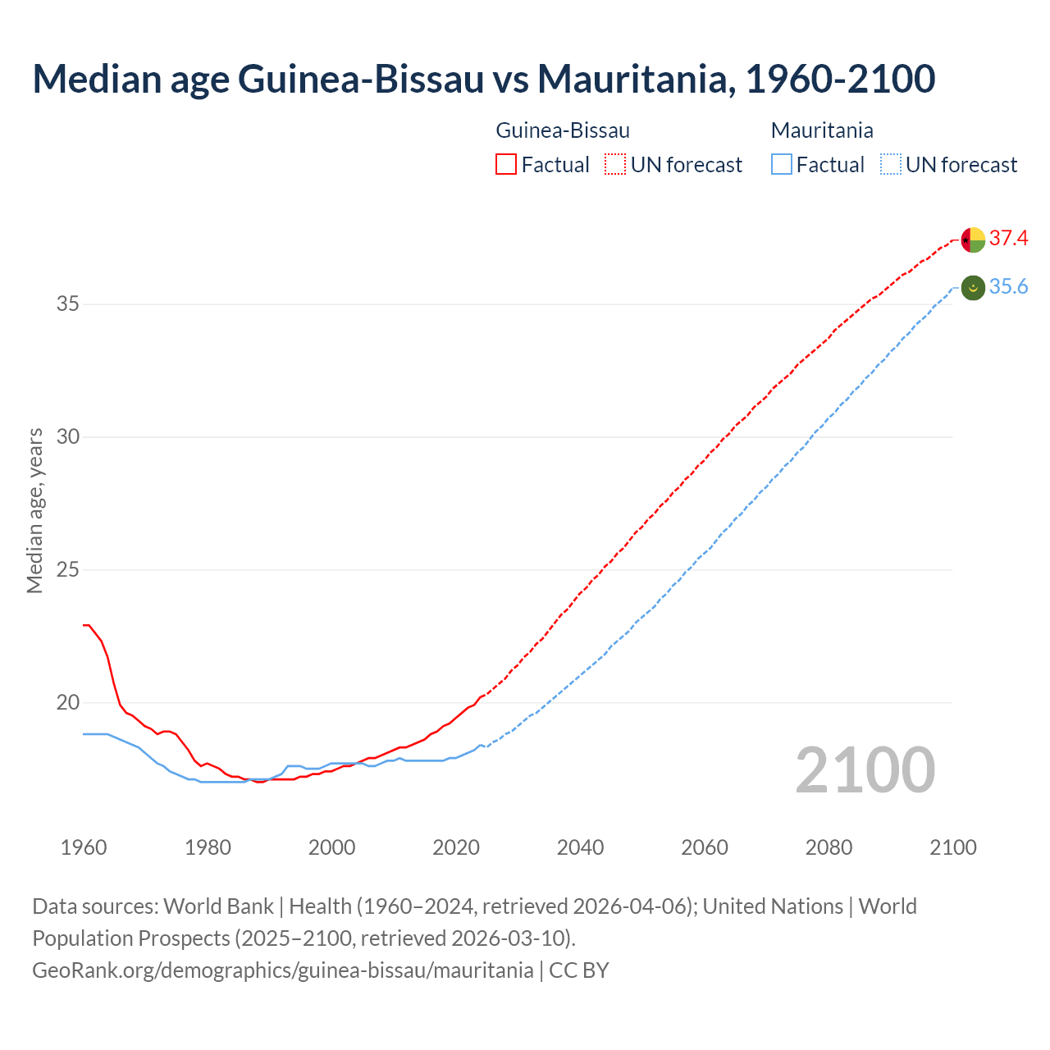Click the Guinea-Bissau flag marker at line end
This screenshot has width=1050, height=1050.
(x=973, y=240)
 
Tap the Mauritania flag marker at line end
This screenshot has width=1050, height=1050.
(x=973, y=288)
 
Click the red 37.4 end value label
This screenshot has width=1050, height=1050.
(x=1008, y=239)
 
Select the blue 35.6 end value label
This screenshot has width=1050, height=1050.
(x=1008, y=286)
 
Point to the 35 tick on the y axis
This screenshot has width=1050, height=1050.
(x=68, y=304)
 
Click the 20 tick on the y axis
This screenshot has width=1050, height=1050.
(x=68, y=702)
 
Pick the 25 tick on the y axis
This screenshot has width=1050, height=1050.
(x=68, y=569)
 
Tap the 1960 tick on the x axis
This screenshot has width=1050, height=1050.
(x=84, y=847)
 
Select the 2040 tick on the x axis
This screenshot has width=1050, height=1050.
(x=580, y=847)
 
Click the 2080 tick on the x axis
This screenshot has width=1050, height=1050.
(x=829, y=847)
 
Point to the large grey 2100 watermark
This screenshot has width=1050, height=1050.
(x=865, y=770)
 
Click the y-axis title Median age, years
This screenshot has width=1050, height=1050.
(x=34, y=510)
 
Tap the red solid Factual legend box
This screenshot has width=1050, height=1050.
(x=506, y=165)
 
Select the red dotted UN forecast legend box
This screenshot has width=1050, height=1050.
(x=615, y=165)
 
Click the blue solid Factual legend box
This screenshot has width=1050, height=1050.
(x=782, y=165)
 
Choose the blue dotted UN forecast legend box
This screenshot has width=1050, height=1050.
(x=891, y=165)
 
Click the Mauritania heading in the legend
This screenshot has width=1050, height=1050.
(x=822, y=130)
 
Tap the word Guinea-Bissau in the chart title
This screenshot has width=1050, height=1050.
(x=361, y=79)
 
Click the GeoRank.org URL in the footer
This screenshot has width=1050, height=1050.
(x=282, y=970)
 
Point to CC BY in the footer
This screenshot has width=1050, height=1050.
(x=579, y=970)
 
